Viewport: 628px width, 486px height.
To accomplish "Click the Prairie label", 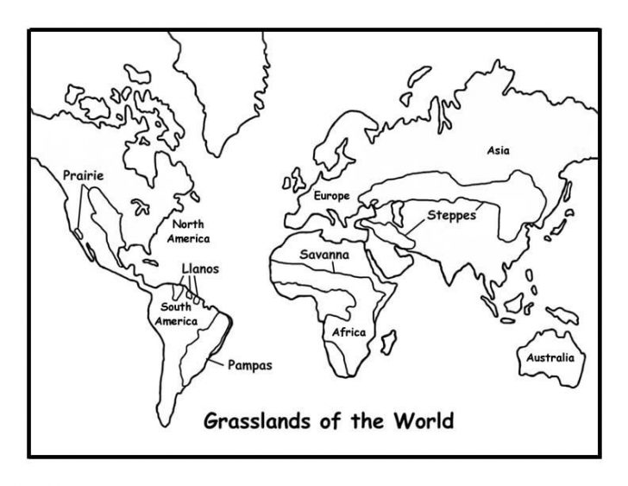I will click(x=83, y=176).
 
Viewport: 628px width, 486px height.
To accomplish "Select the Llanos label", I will click(x=200, y=269).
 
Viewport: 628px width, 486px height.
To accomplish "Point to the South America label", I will click(x=176, y=313).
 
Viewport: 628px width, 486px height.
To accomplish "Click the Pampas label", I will click(x=249, y=365).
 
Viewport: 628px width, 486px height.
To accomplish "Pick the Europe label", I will click(x=331, y=196).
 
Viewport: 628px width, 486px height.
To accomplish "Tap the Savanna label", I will click(x=324, y=256).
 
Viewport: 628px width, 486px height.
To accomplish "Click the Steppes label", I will click(x=450, y=215).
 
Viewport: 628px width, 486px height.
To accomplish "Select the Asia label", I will click(x=498, y=150).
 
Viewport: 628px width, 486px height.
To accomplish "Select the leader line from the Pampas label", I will click(x=216, y=357).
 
